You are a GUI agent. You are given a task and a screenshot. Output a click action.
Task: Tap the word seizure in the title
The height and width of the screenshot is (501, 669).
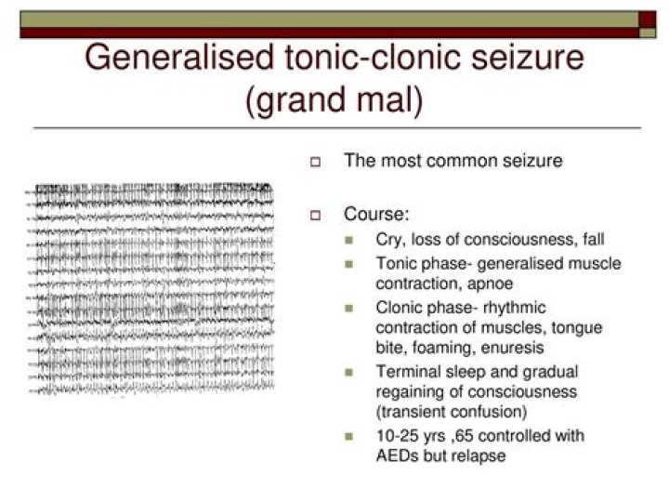[526, 58]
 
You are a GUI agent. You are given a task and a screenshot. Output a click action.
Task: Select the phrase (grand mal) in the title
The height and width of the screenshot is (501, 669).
[334, 99]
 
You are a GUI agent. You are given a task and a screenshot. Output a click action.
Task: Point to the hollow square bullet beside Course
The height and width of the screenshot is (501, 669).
[314, 216]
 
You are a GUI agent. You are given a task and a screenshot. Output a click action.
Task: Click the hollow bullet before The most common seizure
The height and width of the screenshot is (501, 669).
[314, 163]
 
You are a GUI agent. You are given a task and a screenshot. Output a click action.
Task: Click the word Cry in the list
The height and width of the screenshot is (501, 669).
[389, 239]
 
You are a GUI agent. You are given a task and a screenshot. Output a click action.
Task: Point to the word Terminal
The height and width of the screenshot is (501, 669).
[406, 372]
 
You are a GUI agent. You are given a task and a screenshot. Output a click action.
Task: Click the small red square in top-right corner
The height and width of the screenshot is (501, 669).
[648, 19]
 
